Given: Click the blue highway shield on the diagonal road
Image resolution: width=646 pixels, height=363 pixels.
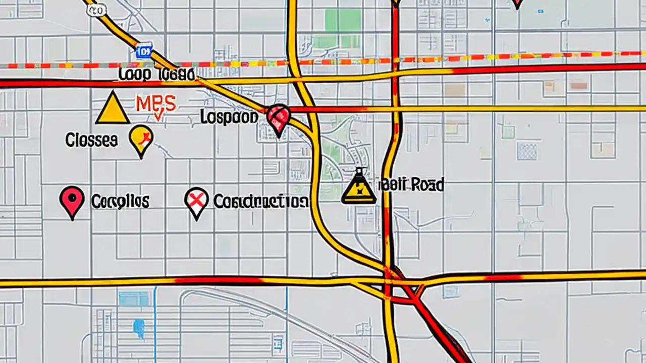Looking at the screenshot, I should point(144,51).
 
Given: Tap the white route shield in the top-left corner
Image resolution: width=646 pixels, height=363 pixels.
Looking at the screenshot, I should point(97,10).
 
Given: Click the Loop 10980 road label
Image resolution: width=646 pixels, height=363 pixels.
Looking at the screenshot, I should point(156,75).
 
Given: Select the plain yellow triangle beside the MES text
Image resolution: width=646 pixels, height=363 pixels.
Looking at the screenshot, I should point(113,109).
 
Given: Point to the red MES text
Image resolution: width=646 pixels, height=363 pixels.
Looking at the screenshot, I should point(156,104).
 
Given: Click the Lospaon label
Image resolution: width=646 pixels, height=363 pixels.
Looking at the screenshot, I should point(229,117).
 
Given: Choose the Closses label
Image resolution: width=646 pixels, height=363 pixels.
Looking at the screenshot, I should point(91,140).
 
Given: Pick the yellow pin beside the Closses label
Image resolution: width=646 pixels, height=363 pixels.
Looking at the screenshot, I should point(141,140).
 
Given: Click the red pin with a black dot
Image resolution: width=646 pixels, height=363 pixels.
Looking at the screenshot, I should point(72,200).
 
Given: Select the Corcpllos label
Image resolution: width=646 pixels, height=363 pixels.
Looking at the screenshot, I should point(120,202).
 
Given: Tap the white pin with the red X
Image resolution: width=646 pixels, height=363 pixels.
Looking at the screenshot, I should point(197,201).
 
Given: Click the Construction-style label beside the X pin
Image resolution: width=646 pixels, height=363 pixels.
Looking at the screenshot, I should point(261,202).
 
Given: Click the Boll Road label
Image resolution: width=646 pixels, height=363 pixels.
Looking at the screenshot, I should point(412,185).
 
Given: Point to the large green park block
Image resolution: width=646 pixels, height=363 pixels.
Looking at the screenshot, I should point(343,28).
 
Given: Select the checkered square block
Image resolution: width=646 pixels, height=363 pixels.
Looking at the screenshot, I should point(527,151).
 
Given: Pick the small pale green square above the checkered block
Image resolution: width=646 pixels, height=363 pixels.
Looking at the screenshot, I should point(508,132).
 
